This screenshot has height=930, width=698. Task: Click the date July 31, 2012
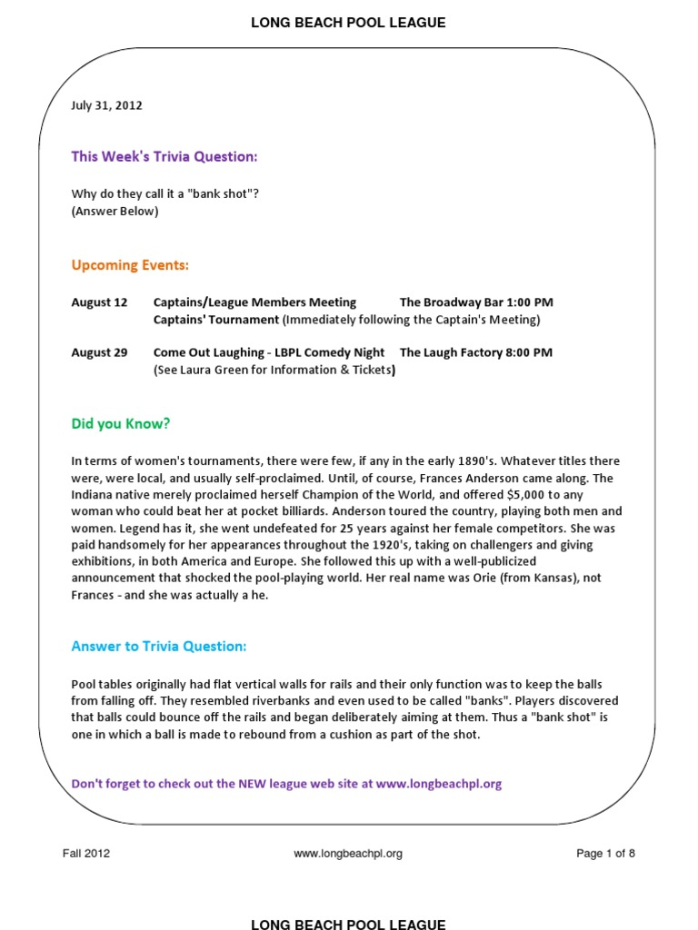point(106,105)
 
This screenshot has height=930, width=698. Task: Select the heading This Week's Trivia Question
point(165,157)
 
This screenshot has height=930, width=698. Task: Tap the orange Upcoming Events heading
point(130,266)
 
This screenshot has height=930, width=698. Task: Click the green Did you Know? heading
point(121,424)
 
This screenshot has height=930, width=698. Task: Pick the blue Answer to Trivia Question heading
point(159,647)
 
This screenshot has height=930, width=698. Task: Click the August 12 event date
point(100,302)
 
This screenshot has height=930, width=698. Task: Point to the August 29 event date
point(100,352)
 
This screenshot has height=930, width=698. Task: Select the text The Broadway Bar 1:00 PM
point(476,302)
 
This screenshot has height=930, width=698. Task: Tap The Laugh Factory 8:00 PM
point(475,352)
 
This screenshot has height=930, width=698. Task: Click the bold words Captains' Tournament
point(216,320)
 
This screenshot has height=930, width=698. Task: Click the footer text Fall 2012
point(86,854)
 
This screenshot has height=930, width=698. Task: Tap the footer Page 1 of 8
point(606,854)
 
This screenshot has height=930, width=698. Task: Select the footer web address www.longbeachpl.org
point(348,854)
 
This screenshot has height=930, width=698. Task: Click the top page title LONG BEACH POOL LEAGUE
point(348,23)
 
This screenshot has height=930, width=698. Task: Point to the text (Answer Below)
point(115,212)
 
